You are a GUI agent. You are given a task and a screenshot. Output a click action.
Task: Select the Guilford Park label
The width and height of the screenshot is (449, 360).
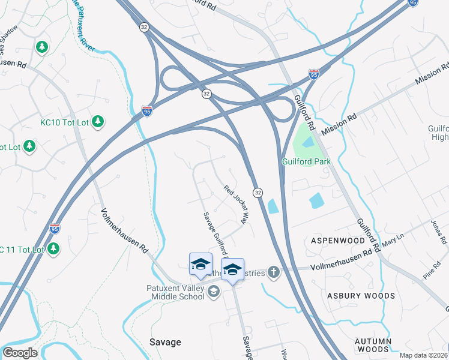tap(307, 161)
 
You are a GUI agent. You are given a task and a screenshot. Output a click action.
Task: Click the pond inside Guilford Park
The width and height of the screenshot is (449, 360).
tap(307, 143)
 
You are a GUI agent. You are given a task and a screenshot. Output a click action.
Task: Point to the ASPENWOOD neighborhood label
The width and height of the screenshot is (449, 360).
tap(337, 240)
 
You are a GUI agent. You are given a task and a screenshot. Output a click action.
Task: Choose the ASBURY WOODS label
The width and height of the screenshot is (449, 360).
tap(361, 296)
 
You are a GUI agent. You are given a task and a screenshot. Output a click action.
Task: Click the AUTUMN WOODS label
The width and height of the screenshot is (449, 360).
tap(373, 345)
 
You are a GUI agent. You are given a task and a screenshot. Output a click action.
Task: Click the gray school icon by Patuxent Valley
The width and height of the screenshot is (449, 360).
tap(214, 292)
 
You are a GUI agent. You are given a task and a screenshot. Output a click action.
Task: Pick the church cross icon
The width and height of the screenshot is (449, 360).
tap(274, 273)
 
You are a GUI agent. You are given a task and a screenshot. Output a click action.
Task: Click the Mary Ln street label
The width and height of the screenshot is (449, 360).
tap(394, 241)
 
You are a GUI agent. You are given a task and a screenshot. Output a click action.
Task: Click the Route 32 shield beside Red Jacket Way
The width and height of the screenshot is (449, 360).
tap(258, 192)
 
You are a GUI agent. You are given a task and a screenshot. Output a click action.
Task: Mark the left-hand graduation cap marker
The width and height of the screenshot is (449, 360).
tap(200, 264)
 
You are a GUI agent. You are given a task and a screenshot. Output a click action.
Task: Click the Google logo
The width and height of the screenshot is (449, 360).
tap(20, 353)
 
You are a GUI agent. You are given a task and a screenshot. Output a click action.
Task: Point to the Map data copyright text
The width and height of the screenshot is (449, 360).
tap(424, 355)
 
